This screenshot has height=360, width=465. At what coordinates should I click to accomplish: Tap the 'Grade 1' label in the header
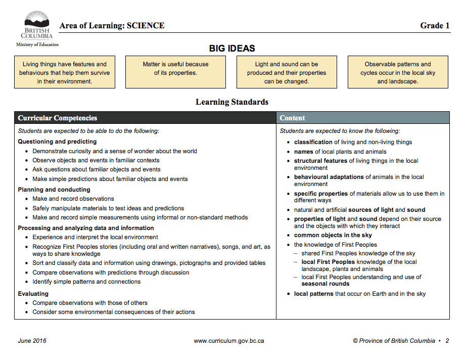pyautogui.click(x=435, y=26)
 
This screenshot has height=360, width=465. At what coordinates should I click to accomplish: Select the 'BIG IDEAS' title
pyautogui.click(x=232, y=49)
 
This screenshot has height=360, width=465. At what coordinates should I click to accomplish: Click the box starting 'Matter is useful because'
pyautogui.click(x=175, y=72)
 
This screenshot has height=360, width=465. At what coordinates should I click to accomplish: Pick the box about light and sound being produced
pyautogui.click(x=287, y=72)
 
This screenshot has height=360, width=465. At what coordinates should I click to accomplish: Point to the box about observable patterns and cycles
pyautogui.click(x=398, y=72)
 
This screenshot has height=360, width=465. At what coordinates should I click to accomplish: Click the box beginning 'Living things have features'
pyautogui.click(x=65, y=72)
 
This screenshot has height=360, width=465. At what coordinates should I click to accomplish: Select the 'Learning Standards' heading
pyautogui.click(x=232, y=102)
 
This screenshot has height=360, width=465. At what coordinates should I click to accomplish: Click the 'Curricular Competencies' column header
pyautogui.click(x=58, y=118)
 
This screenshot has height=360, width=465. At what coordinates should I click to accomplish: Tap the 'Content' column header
pyautogui.click(x=293, y=118)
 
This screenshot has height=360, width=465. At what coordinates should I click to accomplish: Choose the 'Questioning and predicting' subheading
pyautogui.click(x=57, y=142)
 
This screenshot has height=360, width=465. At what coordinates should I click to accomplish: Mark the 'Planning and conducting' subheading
pyautogui.click(x=54, y=190)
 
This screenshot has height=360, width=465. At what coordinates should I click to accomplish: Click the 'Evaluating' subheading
pyautogui.click(x=33, y=294)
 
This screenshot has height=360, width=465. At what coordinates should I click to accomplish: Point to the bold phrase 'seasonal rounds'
pyautogui.click(x=325, y=284)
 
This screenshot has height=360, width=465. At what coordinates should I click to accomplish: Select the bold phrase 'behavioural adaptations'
pyautogui.click(x=329, y=177)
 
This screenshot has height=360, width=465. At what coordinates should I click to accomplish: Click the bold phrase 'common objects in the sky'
pyautogui.click(x=333, y=235)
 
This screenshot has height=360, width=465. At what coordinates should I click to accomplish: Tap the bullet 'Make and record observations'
pyautogui.click(x=73, y=199)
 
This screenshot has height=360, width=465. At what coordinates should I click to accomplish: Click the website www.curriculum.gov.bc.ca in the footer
pyautogui.click(x=229, y=341)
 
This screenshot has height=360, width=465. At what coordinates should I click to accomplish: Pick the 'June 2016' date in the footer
pyautogui.click(x=32, y=341)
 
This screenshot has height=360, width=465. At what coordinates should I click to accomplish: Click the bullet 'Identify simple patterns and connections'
pyautogui.click(x=86, y=282)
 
